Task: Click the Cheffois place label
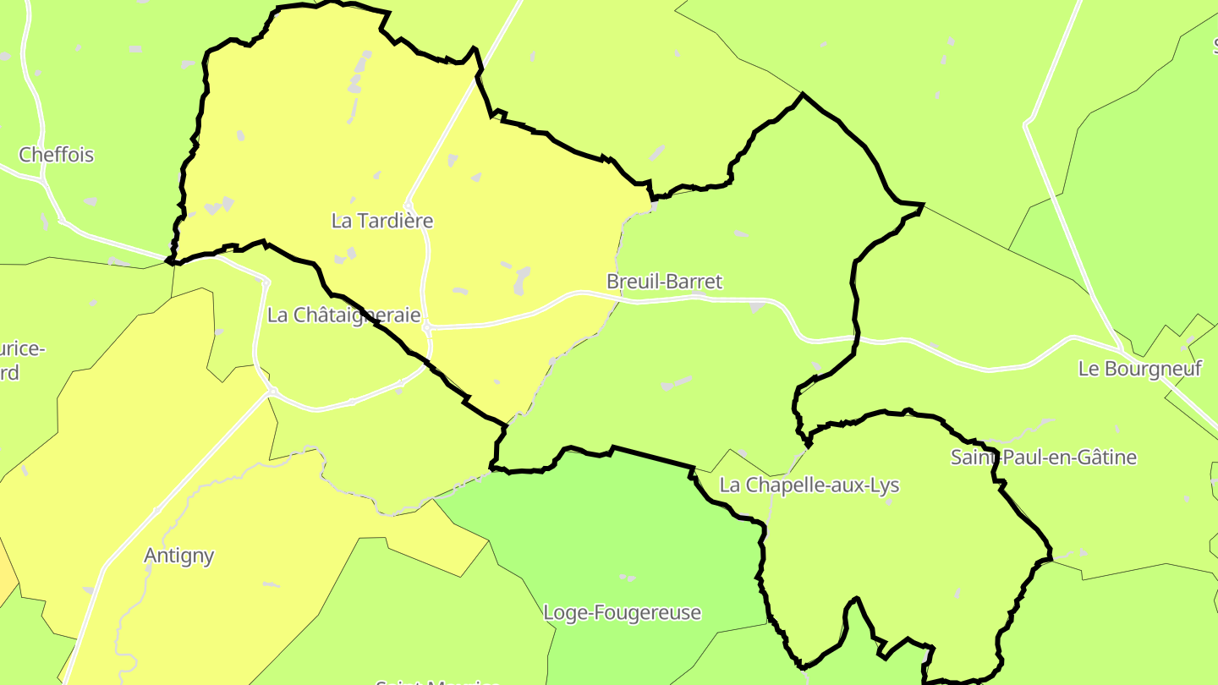[x=56, y=155]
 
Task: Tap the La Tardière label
[x=382, y=221]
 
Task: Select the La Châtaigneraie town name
[x=343, y=315]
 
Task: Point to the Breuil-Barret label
[x=665, y=282]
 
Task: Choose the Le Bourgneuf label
[x=1139, y=369]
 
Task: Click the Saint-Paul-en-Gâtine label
[x=1044, y=458]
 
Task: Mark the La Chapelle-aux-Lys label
[x=809, y=485]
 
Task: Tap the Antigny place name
[x=178, y=556]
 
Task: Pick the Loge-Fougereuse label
[x=623, y=612]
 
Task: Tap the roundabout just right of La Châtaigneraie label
[x=428, y=326]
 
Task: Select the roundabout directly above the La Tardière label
[x=409, y=205]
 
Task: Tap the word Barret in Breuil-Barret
[x=694, y=282]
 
